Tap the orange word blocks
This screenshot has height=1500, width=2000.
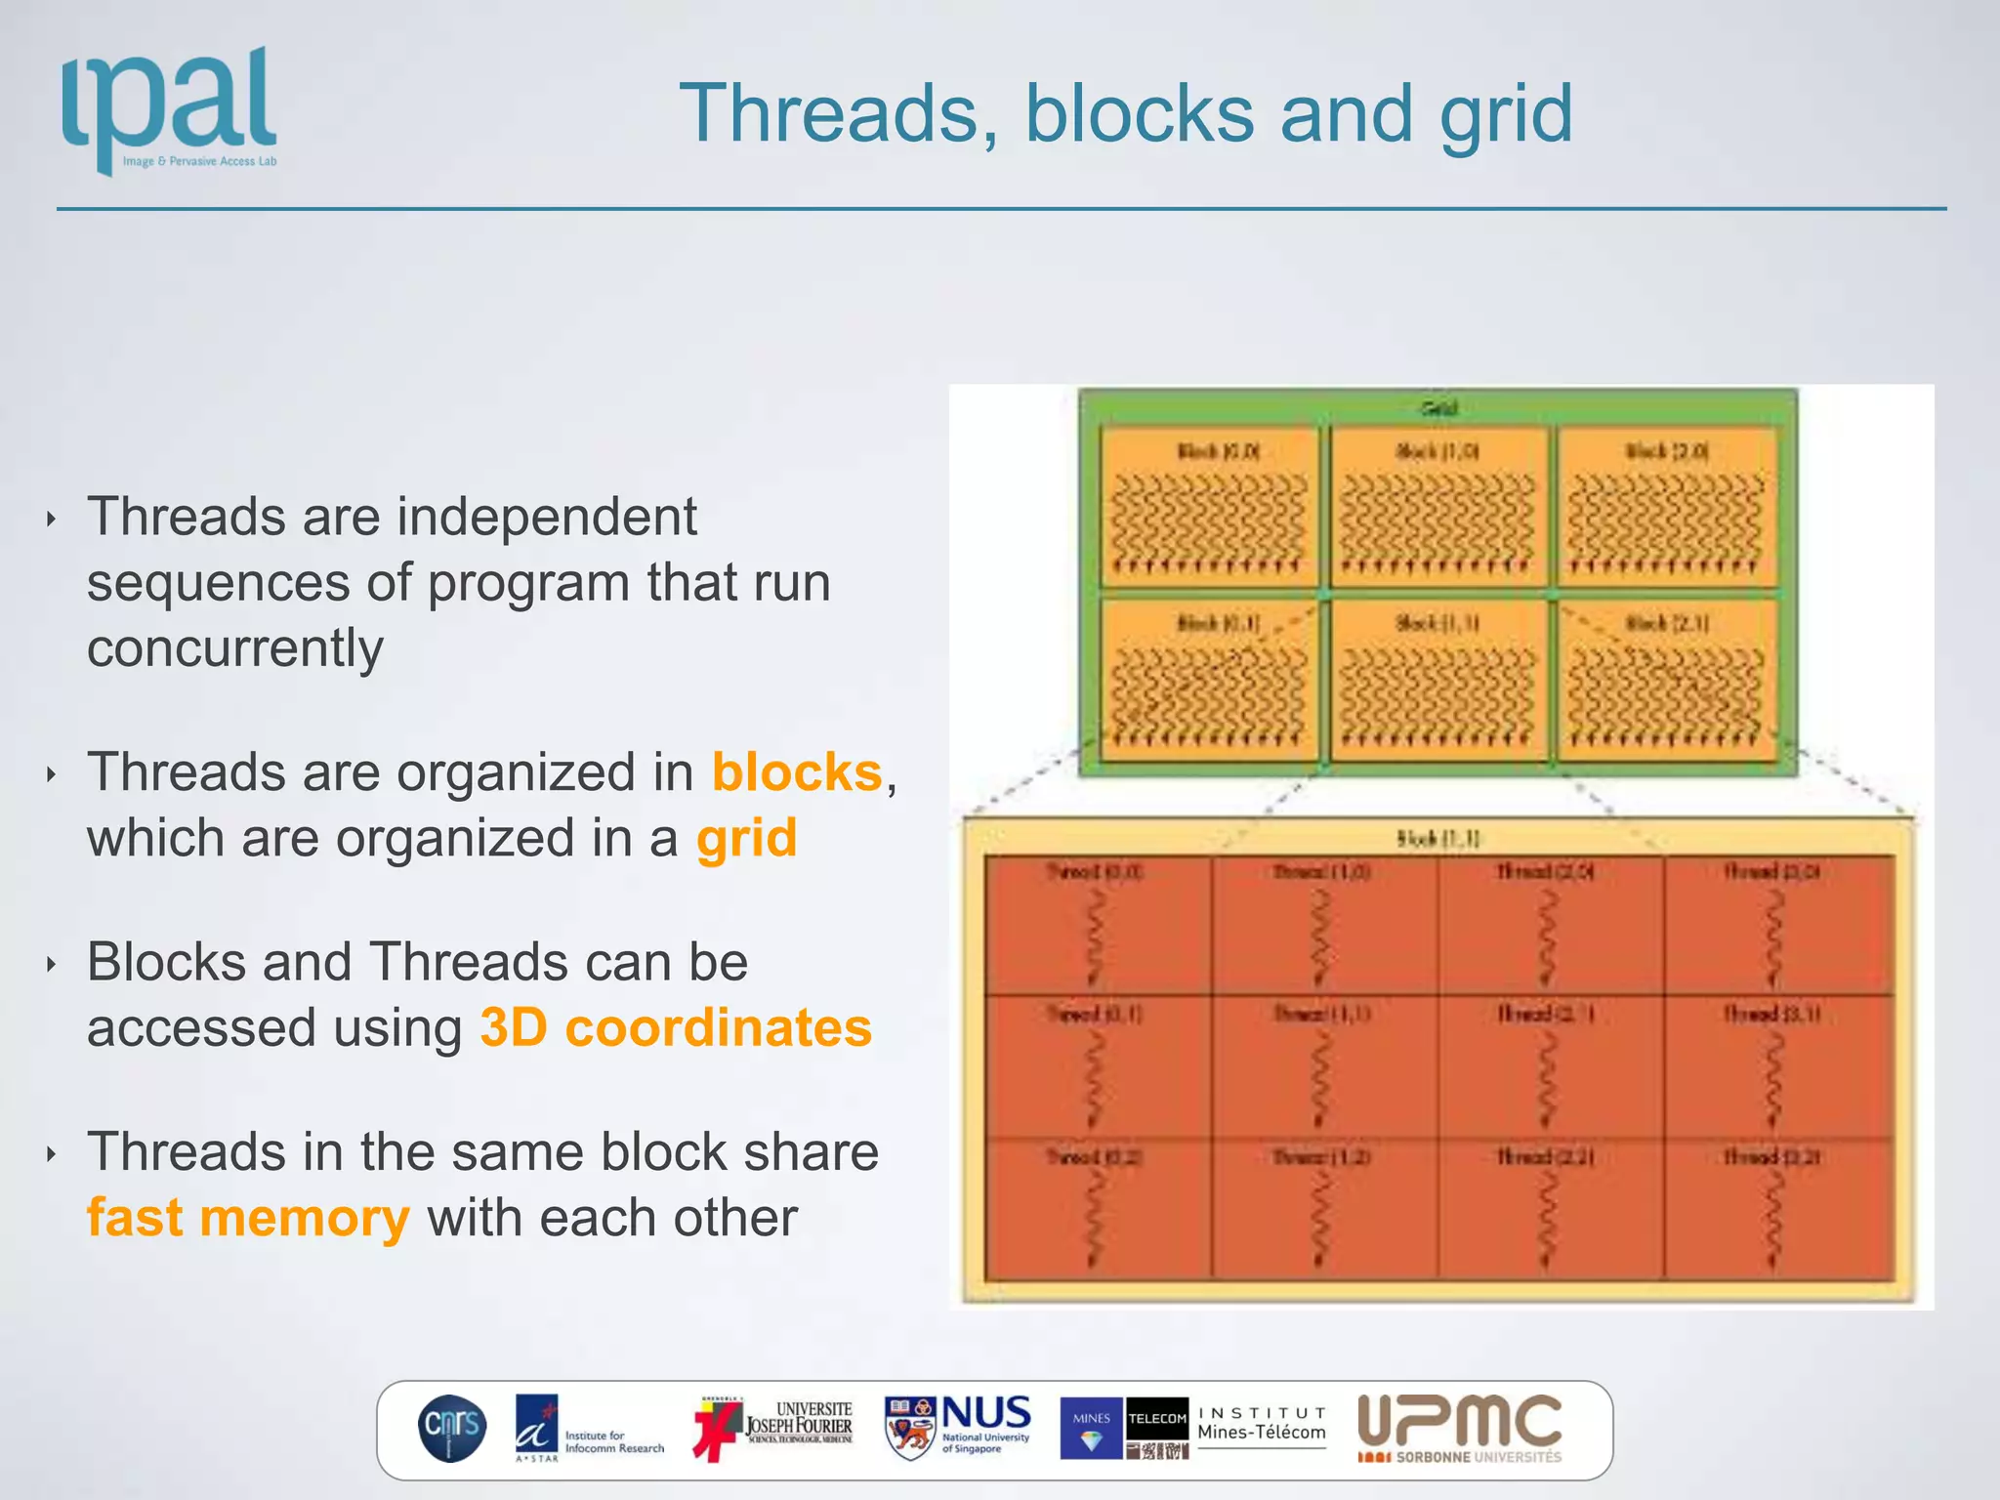pyautogui.click(x=797, y=772)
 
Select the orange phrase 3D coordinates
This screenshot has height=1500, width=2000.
pyautogui.click(x=676, y=1028)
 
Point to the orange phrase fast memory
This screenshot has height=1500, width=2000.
pyautogui.click(x=248, y=1218)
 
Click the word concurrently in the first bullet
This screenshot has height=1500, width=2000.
pyautogui.click(x=235, y=648)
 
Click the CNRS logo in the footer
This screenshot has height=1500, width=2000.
pyautogui.click(x=452, y=1428)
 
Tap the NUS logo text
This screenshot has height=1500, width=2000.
pyautogui.click(x=985, y=1414)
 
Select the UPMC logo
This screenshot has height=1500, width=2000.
pyautogui.click(x=1460, y=1427)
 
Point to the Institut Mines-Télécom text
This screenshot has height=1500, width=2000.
pyautogui.click(x=1261, y=1425)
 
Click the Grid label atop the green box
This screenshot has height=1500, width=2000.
pyautogui.click(x=1438, y=408)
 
